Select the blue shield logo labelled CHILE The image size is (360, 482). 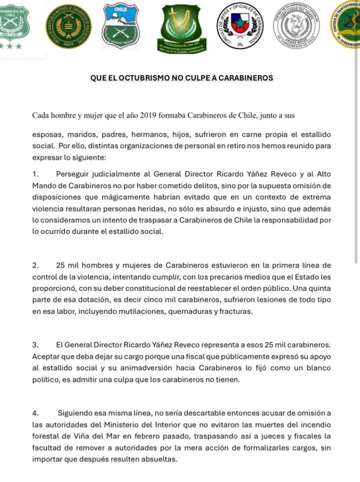pyautogui.click(x=121, y=27)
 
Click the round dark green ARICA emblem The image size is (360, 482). pyautogui.click(x=68, y=27)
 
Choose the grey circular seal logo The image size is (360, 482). pyautogui.click(x=296, y=27)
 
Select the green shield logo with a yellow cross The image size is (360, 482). pyautogui.click(x=179, y=27)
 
